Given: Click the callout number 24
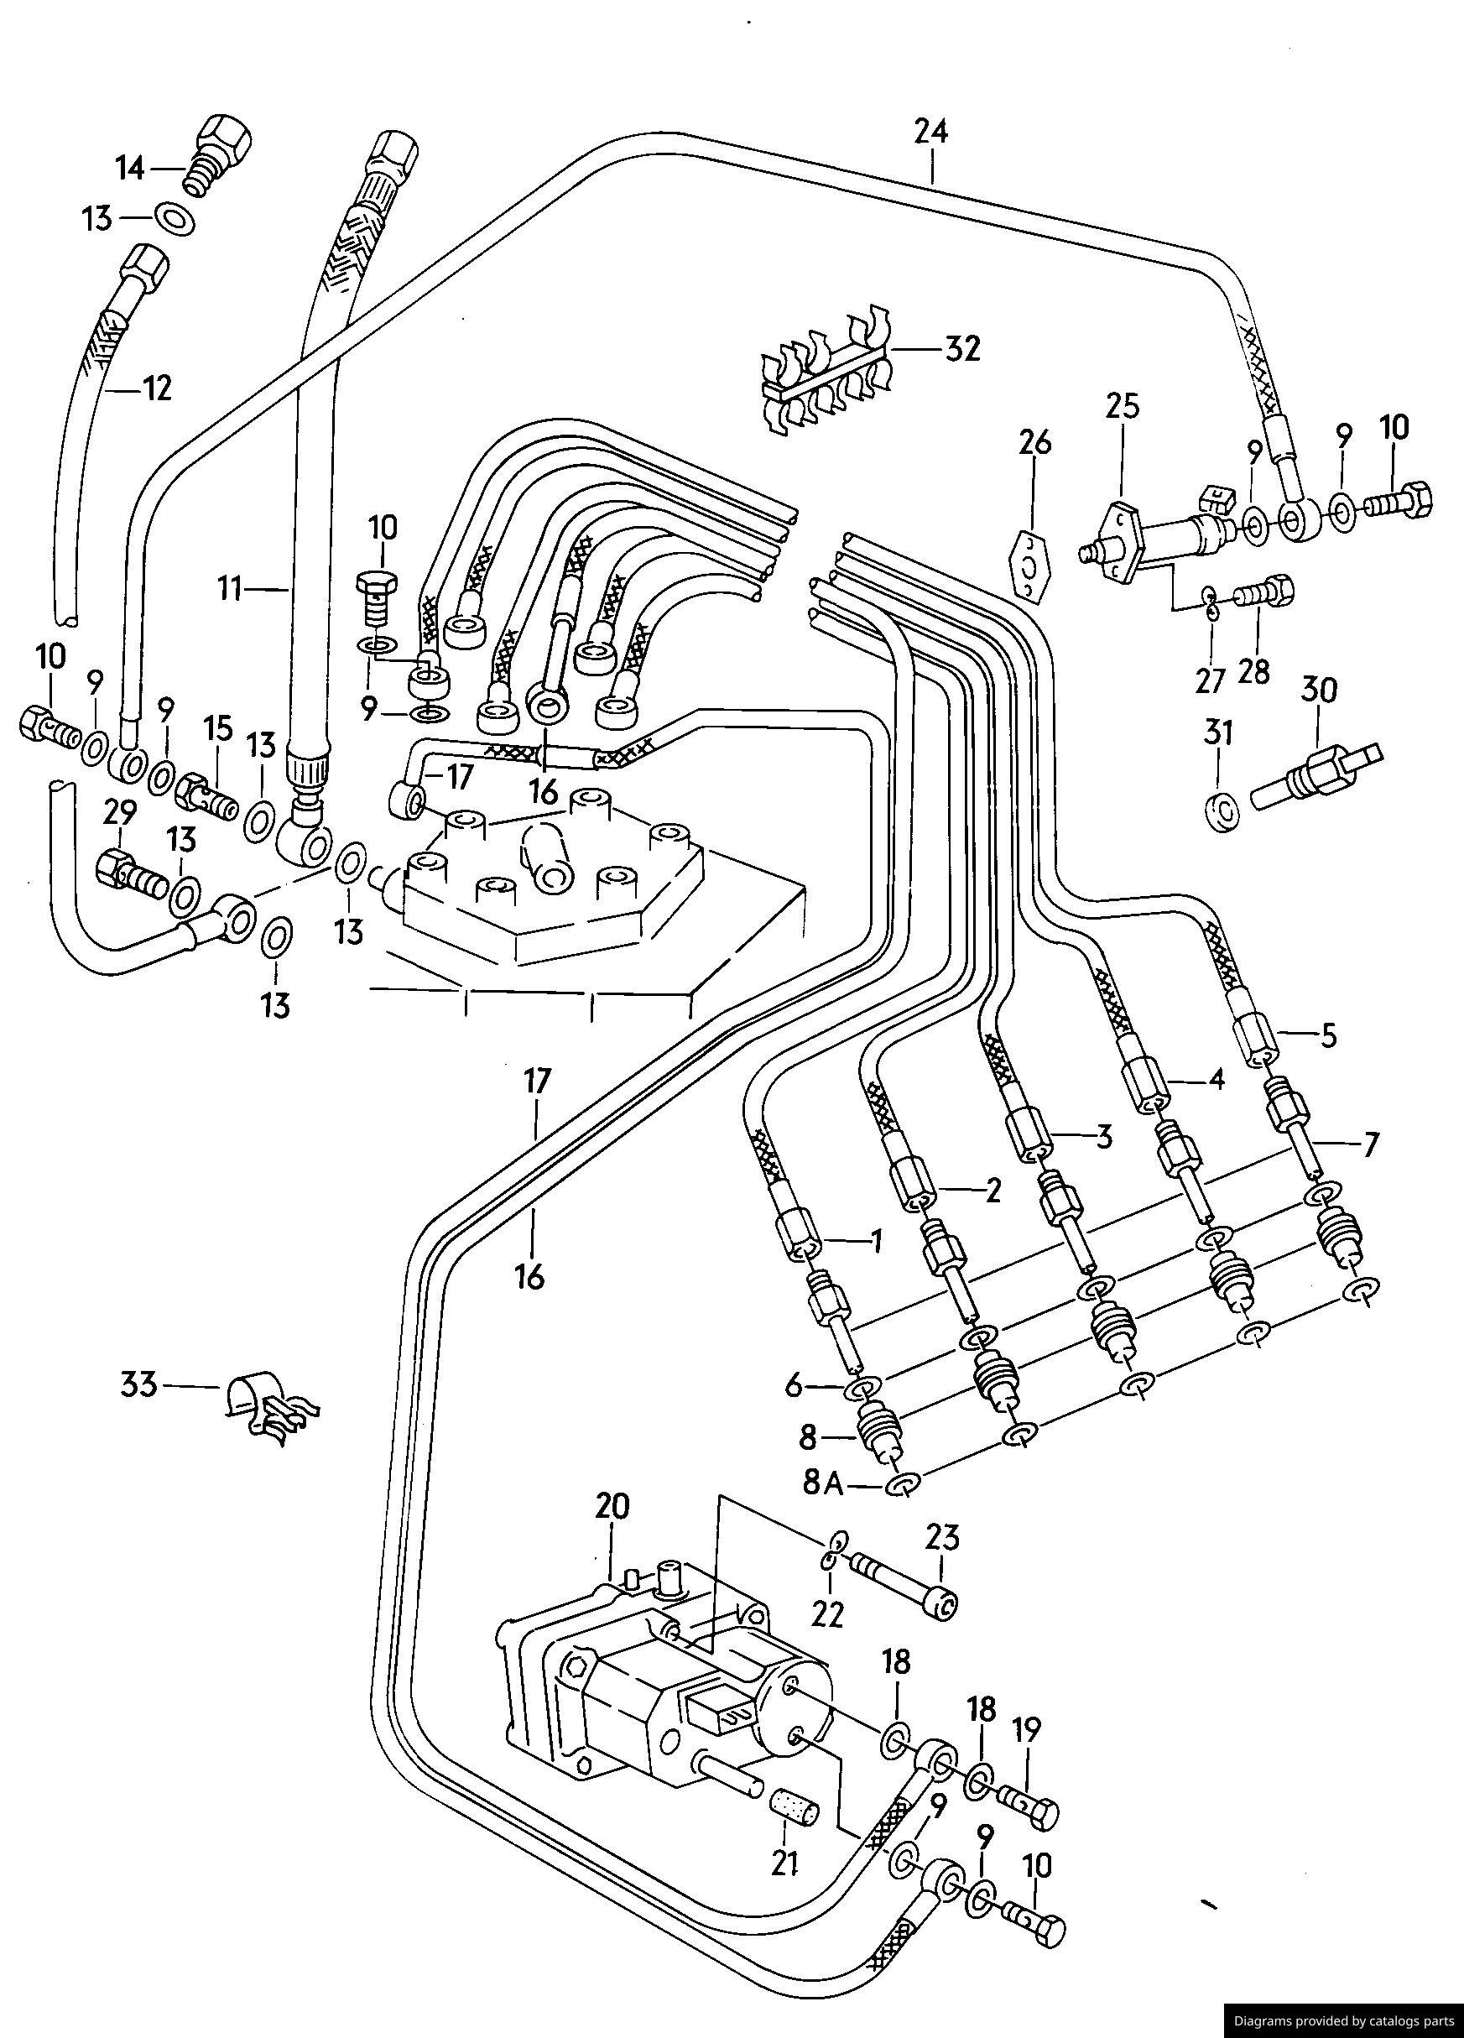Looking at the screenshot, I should [931, 132].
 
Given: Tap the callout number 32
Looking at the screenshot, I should [961, 349].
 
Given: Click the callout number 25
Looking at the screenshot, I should [1123, 406].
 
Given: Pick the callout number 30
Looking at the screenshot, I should [1317, 691].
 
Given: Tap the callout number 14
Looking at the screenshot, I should [130, 168].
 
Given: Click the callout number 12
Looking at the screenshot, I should [155, 389].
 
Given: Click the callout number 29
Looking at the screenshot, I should [119, 813].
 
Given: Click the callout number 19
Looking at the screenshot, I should [1027, 1729].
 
